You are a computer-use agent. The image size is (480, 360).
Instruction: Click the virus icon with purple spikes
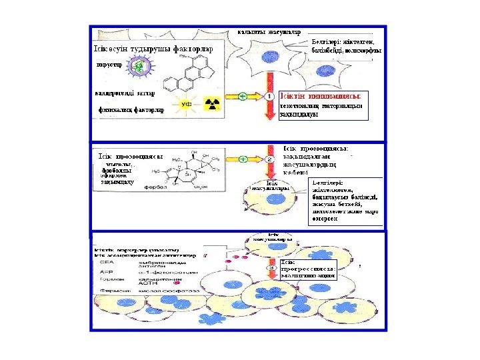click(x=138, y=67)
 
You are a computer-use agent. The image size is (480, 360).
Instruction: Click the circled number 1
click(x=269, y=97)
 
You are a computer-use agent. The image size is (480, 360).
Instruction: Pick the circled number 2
click(x=269, y=159)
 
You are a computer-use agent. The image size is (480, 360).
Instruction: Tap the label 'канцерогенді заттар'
click(x=127, y=93)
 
